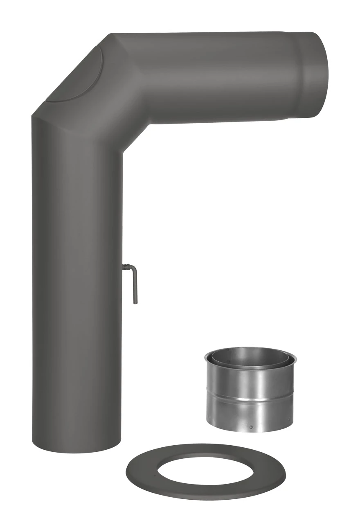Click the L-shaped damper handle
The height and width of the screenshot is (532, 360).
pos(135,284)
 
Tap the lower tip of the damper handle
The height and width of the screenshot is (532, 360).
pos(135,302)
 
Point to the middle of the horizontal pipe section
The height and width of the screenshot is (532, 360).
pos(217,78)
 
